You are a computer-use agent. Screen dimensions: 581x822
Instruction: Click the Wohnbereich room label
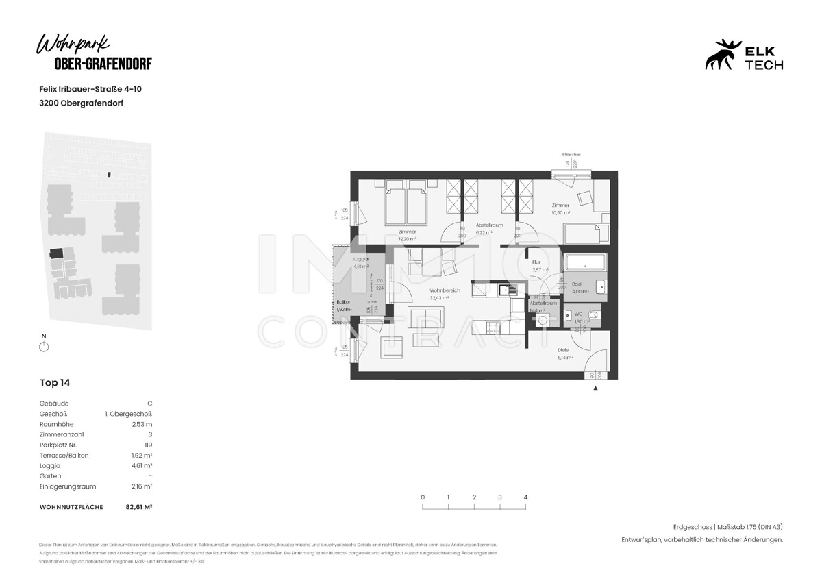click(445, 291)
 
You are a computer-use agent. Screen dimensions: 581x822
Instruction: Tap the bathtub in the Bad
click(584, 263)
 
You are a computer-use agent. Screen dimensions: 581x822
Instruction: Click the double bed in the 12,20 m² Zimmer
click(406, 203)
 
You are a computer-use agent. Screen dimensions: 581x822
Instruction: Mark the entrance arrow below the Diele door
click(595, 388)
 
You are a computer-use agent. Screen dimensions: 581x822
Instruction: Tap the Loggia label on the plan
click(361, 260)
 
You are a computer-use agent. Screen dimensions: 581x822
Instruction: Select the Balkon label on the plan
click(345, 302)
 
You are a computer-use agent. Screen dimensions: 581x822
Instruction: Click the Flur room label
click(538, 263)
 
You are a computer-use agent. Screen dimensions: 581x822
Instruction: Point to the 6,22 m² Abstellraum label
click(490, 225)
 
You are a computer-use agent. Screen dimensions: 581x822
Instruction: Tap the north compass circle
click(45, 347)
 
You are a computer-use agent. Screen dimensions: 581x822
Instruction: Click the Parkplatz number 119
click(148, 445)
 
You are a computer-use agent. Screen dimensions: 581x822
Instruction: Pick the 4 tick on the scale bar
click(525, 497)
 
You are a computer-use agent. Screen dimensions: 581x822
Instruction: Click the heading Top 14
click(55, 383)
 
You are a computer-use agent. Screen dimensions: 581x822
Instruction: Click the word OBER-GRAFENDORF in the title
click(103, 64)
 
